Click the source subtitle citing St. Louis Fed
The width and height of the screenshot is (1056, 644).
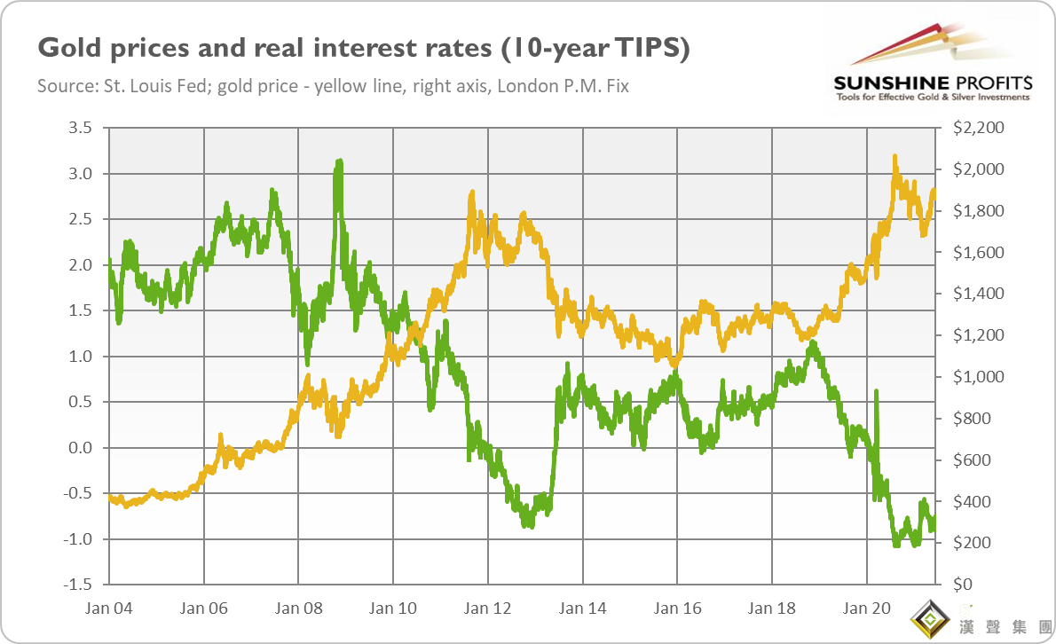click(x=333, y=87)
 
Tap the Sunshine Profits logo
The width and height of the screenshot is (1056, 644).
click(x=932, y=67)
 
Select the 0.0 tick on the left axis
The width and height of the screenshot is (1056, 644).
click(x=81, y=448)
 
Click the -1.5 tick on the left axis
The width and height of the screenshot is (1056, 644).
click(x=79, y=585)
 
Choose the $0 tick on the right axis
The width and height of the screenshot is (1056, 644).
click(x=962, y=585)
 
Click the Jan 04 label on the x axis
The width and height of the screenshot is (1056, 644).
click(x=109, y=609)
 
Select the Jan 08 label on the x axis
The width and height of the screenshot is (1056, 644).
click(x=298, y=609)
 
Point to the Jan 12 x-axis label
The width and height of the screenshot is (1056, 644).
click(x=488, y=609)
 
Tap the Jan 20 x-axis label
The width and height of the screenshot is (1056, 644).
click(x=867, y=609)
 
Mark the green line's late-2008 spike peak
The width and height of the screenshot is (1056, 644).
click(x=339, y=162)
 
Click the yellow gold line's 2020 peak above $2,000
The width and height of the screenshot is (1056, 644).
click(x=894, y=158)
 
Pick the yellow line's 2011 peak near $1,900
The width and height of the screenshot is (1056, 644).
click(x=471, y=193)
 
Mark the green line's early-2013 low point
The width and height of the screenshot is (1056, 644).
click(x=529, y=525)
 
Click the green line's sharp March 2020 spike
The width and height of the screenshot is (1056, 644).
click(x=876, y=391)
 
